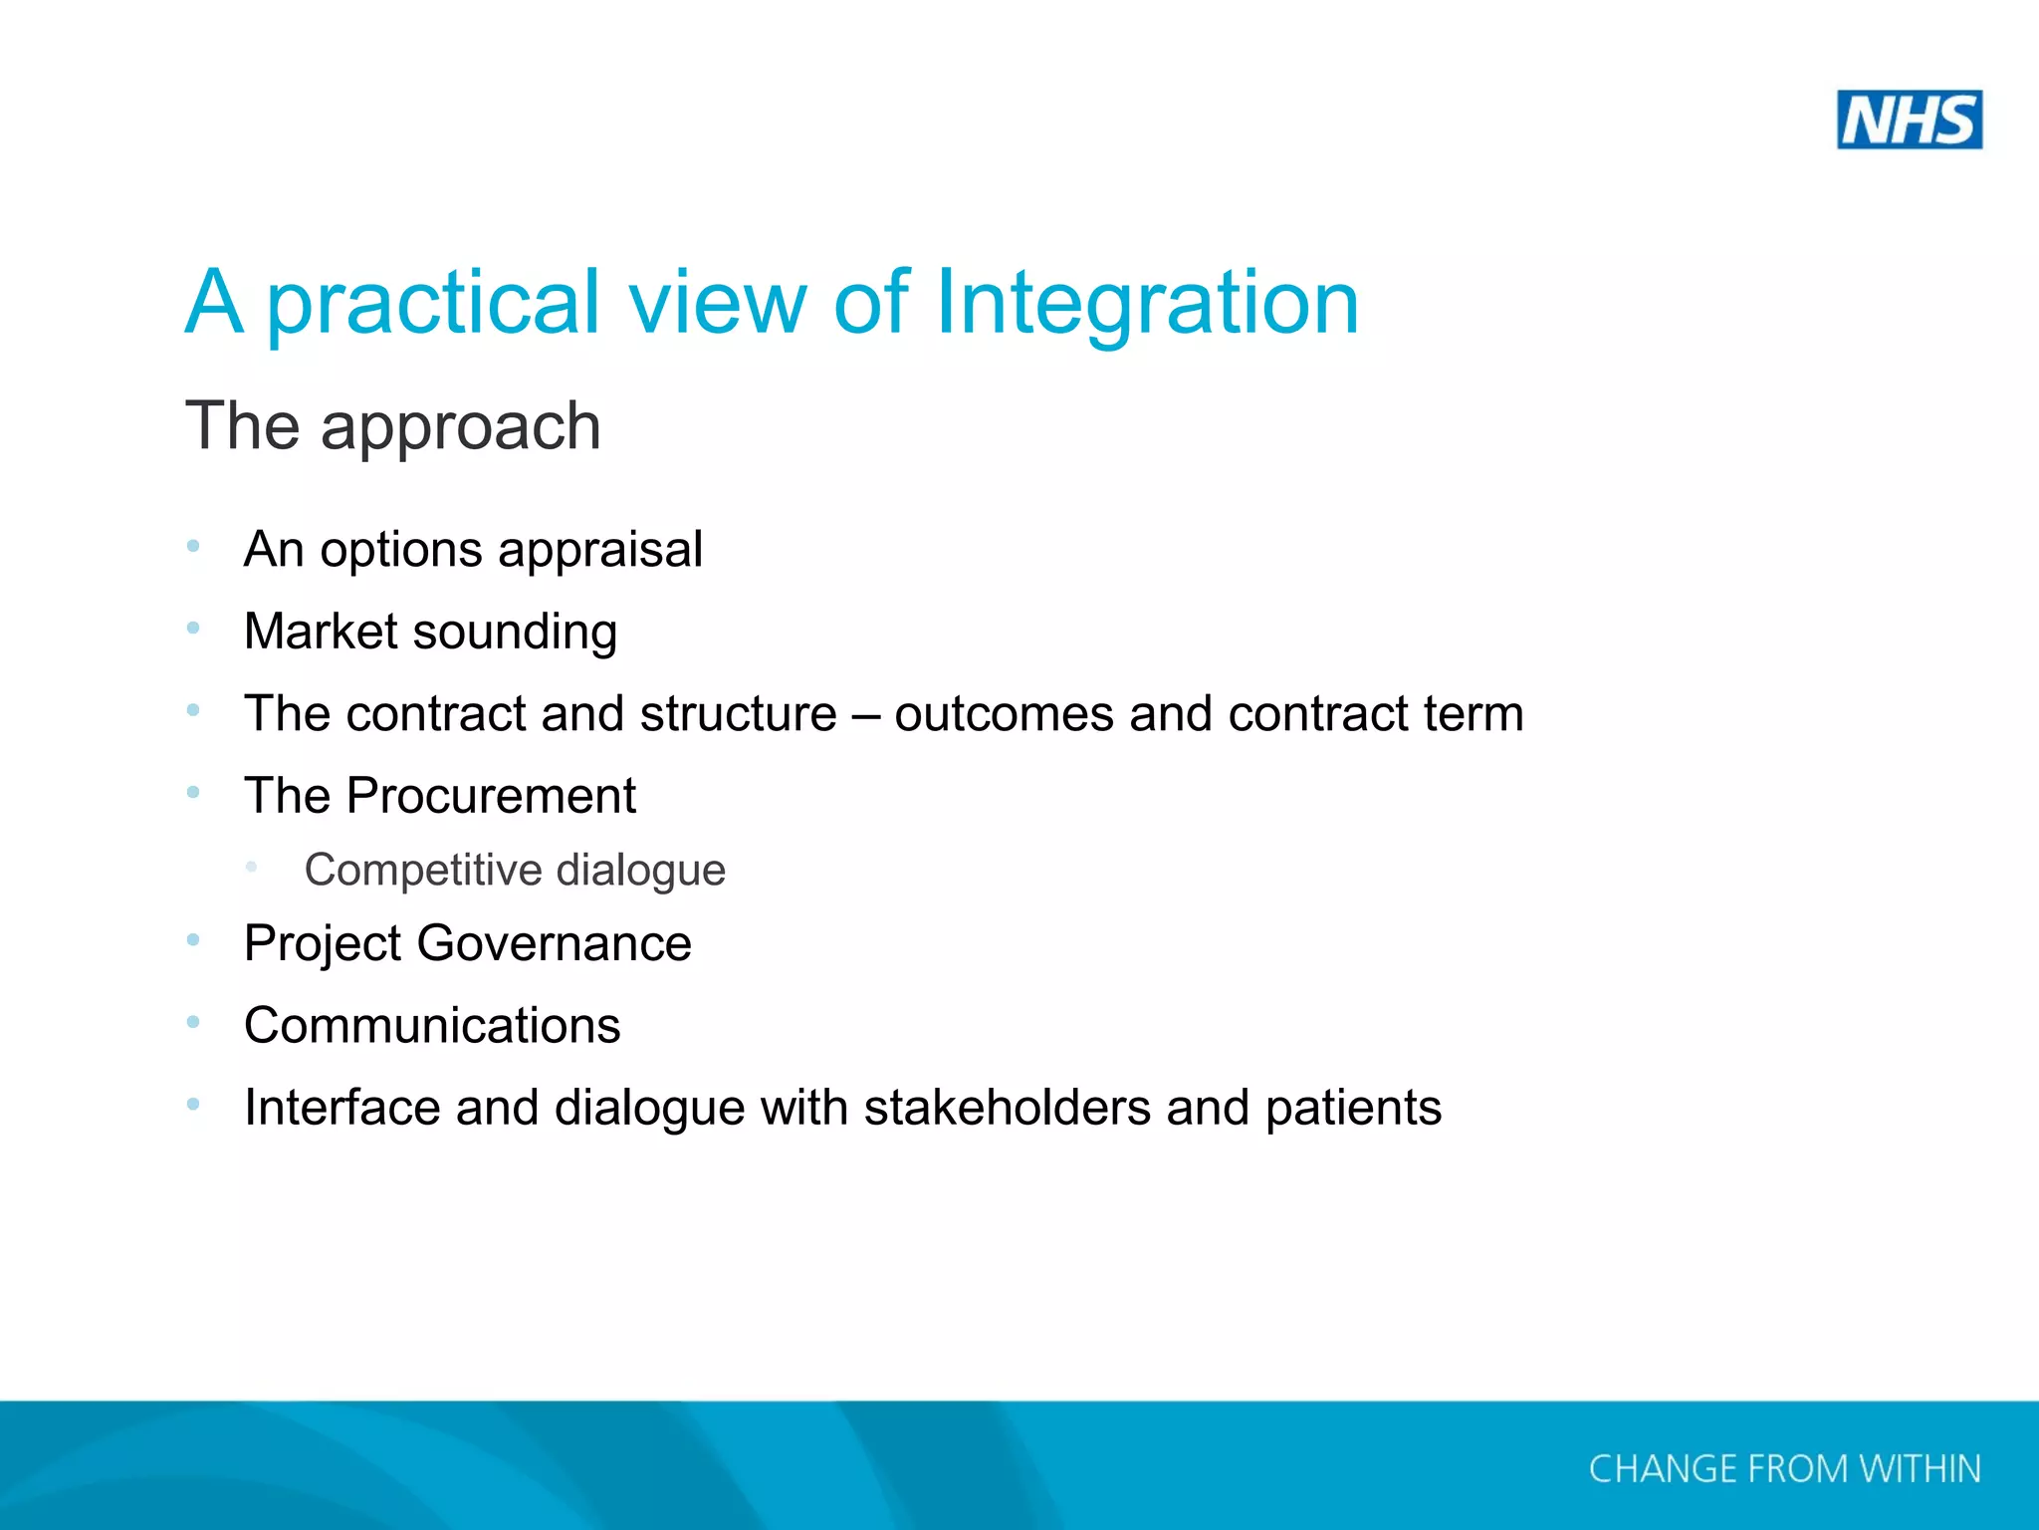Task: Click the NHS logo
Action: coord(1909,120)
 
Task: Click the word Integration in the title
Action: coord(1147,302)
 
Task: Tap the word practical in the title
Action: coord(434,302)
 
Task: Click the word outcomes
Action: coord(1004,714)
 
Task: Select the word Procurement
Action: coord(491,796)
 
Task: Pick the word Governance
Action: coord(554,943)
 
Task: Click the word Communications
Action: coord(432,1026)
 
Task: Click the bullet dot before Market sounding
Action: coord(193,628)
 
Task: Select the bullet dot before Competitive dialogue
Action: coord(252,868)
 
